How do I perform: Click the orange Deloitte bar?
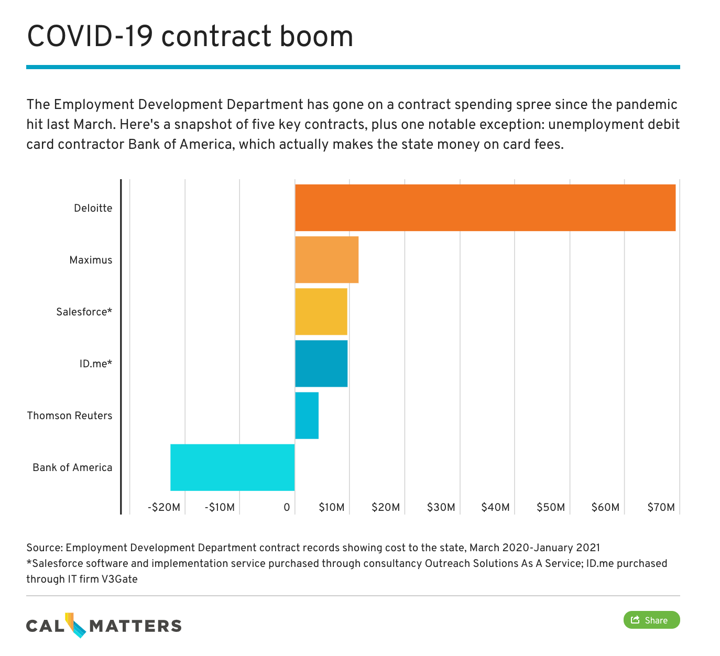(x=485, y=207)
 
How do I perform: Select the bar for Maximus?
(x=326, y=259)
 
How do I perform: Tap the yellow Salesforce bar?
(x=321, y=311)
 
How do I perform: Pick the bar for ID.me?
(x=321, y=363)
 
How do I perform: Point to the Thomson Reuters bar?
(x=307, y=415)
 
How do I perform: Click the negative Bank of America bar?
(x=232, y=467)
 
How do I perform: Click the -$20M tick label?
(x=164, y=507)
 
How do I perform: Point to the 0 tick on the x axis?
(x=287, y=507)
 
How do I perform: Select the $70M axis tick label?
(x=661, y=507)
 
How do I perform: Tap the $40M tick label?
(x=495, y=507)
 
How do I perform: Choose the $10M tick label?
(x=331, y=507)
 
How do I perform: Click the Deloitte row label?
(x=93, y=208)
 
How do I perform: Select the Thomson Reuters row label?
(x=70, y=416)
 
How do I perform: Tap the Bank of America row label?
(x=72, y=467)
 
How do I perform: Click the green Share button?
(x=651, y=620)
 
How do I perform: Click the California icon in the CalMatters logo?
(x=76, y=625)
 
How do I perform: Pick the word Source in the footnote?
(x=44, y=548)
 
